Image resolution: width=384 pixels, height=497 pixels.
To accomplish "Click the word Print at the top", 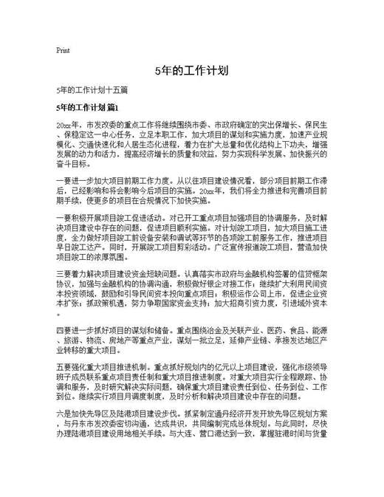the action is pos(63,51).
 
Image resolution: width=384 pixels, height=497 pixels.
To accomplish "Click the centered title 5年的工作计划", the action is pos(191,71).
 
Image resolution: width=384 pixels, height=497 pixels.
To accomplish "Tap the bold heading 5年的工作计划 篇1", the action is pos(92,109).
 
